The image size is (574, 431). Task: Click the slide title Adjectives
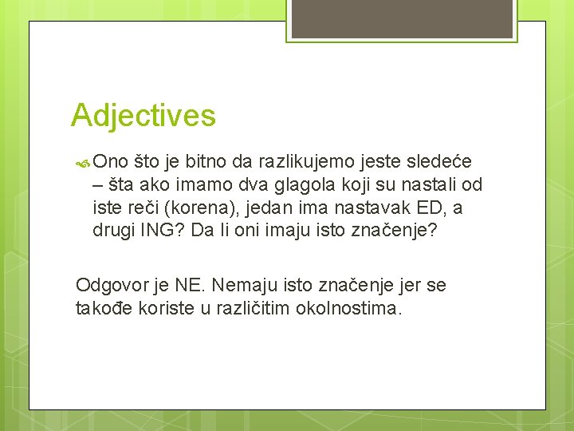pos(143,116)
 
